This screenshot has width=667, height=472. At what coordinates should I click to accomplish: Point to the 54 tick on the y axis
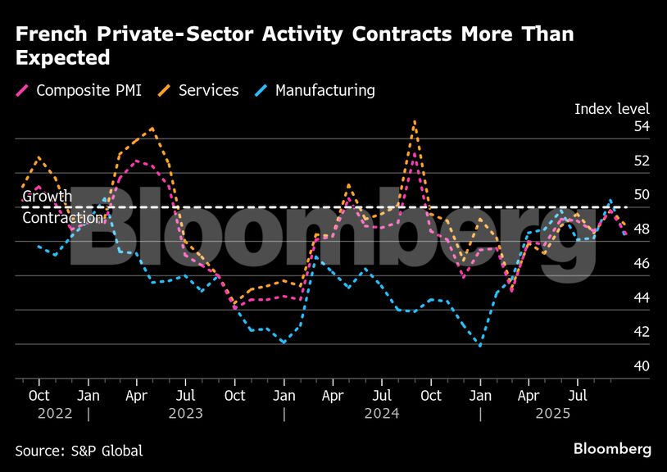tap(641, 126)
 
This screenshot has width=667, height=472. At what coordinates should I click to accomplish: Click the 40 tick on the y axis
tap(641, 365)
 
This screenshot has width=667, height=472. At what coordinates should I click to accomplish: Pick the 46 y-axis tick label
tap(641, 263)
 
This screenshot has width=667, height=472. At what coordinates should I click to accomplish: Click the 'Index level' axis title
tap(611, 109)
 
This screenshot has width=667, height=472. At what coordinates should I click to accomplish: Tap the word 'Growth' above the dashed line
tap(47, 197)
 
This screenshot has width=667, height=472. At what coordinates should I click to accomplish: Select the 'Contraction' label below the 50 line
tap(62, 218)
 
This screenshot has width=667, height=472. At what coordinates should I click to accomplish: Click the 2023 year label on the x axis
tap(185, 414)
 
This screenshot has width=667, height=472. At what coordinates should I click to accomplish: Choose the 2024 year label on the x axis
tap(382, 414)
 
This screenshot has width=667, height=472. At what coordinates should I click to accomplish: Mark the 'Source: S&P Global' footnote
tap(79, 450)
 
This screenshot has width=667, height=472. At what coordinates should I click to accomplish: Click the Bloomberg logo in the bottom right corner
tap(612, 449)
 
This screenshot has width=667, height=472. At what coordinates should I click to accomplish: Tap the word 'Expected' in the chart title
tap(62, 57)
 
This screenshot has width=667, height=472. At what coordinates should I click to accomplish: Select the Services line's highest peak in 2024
tap(415, 121)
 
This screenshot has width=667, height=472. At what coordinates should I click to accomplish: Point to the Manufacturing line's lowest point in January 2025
tap(479, 346)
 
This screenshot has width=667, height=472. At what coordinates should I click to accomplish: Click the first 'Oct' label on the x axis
tap(39, 396)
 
